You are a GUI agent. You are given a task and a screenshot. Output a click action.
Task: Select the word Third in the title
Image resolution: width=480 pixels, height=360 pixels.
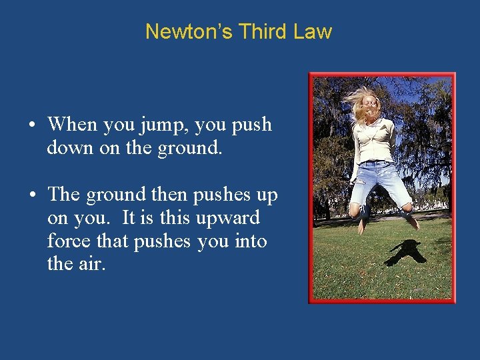click(x=264, y=32)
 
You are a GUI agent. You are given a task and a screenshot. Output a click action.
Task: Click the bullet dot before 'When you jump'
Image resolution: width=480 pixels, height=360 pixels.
click(x=31, y=125)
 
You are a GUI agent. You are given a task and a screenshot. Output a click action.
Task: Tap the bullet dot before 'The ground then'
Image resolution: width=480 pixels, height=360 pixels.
click(x=31, y=195)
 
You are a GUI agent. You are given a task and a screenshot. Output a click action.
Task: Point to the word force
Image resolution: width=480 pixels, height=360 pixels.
click(x=68, y=241)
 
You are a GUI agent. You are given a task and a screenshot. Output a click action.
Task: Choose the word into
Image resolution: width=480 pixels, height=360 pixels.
click(x=251, y=241)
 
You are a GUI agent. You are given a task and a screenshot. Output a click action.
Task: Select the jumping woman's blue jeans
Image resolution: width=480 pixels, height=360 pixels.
click(x=379, y=181)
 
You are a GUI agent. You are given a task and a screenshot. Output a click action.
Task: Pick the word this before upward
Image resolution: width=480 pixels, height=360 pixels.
click(x=166, y=218)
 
